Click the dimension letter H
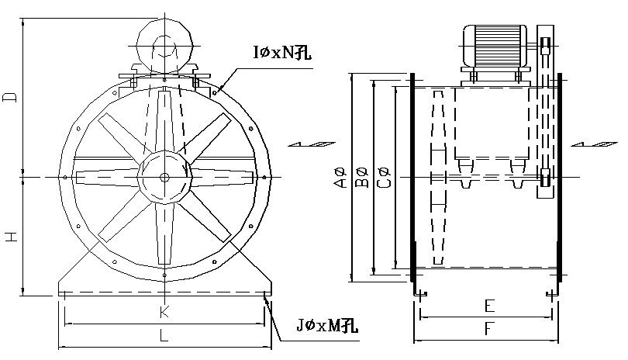[x=10, y=237]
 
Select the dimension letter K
[x=164, y=312]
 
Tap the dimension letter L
[x=164, y=337]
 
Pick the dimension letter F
[x=486, y=330]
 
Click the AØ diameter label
[x=338, y=178]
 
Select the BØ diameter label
[x=360, y=178]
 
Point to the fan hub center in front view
[x=164, y=176]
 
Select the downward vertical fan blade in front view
[x=164, y=233]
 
